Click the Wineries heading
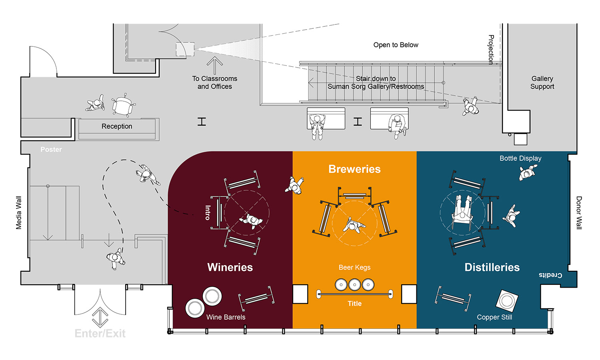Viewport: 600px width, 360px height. coord(230,267)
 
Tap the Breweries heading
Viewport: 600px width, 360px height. coord(354,169)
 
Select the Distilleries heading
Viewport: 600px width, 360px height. coord(492,267)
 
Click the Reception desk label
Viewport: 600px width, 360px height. coord(117,126)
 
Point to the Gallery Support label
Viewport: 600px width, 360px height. coord(542,82)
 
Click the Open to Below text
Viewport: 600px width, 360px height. coord(396,45)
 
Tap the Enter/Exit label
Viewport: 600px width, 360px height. coord(100,333)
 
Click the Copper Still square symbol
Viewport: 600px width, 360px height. coord(507,300)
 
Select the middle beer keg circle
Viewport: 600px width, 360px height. coord(354,285)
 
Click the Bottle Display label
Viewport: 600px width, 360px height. coord(520,158)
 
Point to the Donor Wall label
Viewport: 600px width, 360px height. coord(579,212)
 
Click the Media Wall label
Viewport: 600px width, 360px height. coord(19,212)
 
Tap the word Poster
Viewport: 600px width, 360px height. coord(51,150)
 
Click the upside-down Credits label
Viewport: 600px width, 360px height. coord(550,275)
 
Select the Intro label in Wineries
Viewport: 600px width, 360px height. coord(208,212)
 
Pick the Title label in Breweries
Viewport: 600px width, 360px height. coord(354,304)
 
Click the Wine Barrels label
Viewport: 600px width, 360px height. coord(226,317)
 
